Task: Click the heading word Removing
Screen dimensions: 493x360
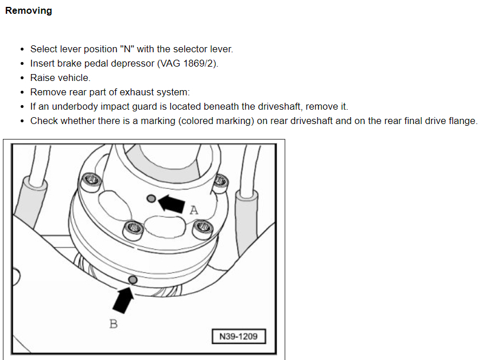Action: click(x=28, y=11)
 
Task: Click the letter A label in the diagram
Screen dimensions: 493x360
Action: click(x=194, y=210)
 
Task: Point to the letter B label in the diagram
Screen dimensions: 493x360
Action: click(x=114, y=324)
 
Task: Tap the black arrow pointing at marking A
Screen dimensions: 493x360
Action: click(x=172, y=202)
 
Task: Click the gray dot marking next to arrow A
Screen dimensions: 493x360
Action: click(x=152, y=199)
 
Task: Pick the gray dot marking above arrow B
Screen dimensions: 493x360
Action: click(x=133, y=280)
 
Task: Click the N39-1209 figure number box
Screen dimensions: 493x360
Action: click(x=238, y=336)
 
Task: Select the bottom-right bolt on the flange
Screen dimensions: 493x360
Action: click(x=204, y=230)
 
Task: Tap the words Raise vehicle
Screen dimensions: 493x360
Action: click(x=60, y=78)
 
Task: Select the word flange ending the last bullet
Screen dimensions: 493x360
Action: click(x=461, y=121)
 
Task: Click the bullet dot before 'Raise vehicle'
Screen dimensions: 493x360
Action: click(x=22, y=78)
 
